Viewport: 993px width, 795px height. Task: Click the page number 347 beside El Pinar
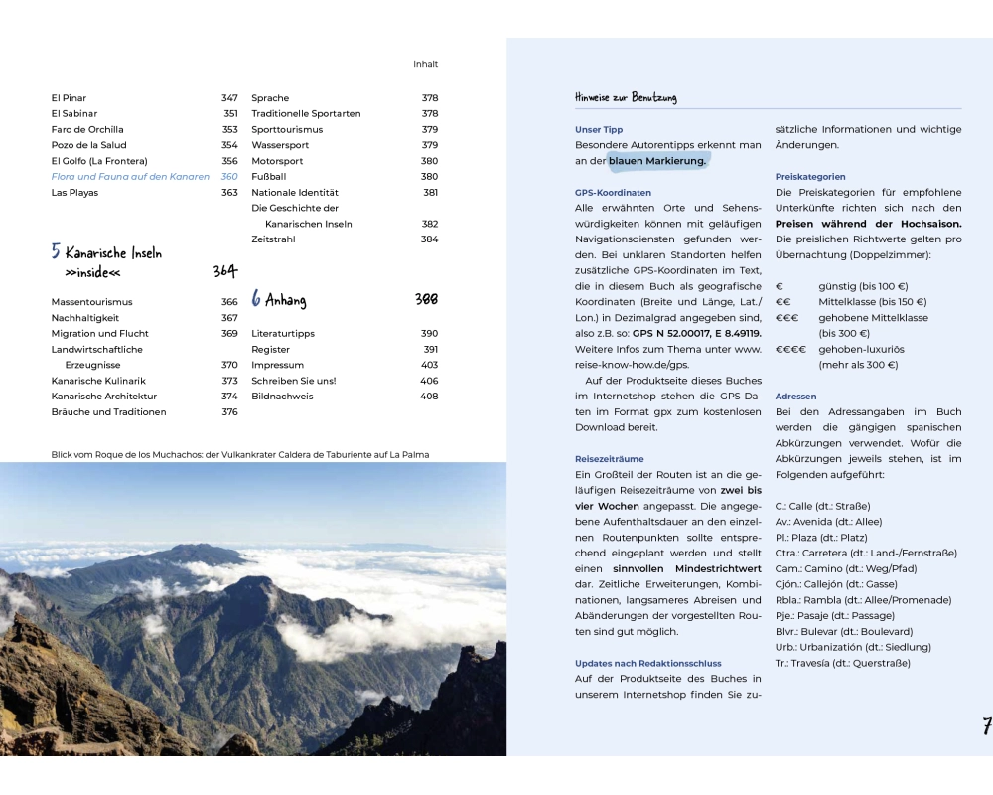tap(229, 98)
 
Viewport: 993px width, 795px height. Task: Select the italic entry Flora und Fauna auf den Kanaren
tap(130, 177)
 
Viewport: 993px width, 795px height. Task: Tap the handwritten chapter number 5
tap(56, 252)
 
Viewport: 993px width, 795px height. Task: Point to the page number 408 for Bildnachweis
tap(428, 397)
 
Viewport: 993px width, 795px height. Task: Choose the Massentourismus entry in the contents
tap(91, 302)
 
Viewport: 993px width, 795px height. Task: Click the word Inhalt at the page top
tap(425, 64)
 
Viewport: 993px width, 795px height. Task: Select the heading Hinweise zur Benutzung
tap(626, 97)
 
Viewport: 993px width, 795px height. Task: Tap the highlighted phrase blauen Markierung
tap(657, 161)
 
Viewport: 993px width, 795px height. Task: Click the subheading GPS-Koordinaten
tap(613, 193)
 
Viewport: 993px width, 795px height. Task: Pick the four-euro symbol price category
tap(790, 350)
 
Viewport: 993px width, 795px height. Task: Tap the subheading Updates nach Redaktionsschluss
tap(647, 663)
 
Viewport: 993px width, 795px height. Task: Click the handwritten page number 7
tap(986, 726)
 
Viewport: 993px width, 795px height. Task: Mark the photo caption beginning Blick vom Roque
tap(240, 455)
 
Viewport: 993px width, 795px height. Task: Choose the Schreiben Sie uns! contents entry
tap(294, 381)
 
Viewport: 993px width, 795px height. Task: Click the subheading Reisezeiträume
tap(609, 459)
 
